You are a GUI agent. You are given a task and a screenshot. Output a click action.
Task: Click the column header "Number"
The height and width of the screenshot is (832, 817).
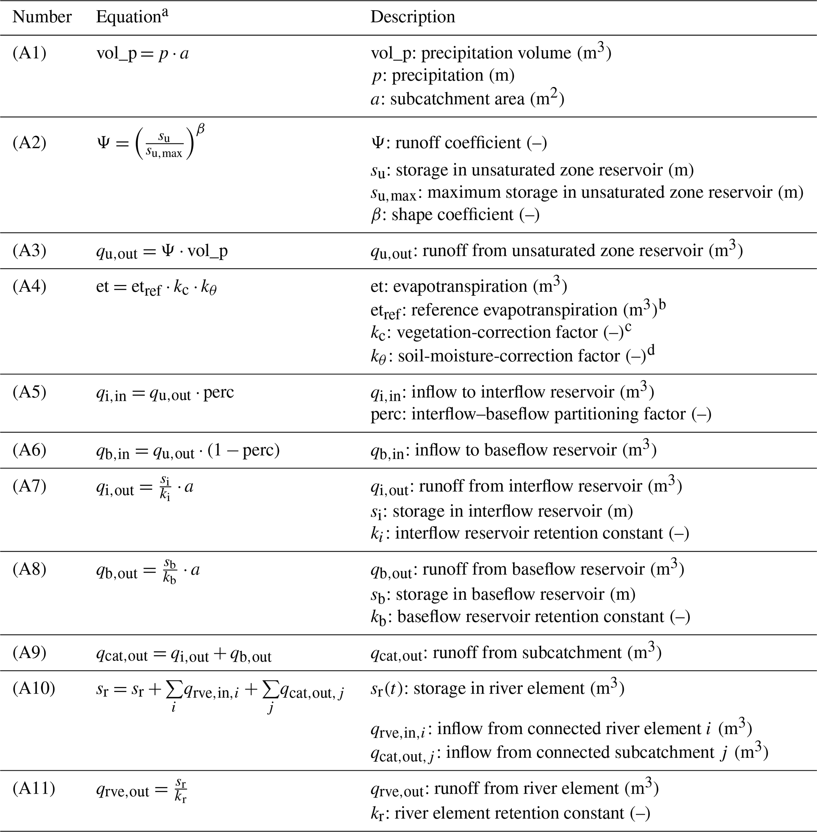click(x=42, y=17)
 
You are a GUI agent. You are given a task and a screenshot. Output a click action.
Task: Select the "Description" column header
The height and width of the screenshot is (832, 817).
click(x=412, y=17)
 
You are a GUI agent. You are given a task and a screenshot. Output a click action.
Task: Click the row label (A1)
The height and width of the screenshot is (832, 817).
click(x=29, y=53)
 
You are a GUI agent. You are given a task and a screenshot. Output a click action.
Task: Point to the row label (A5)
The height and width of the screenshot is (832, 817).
click(x=29, y=392)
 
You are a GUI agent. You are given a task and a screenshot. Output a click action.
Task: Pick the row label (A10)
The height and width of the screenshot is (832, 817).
click(x=34, y=688)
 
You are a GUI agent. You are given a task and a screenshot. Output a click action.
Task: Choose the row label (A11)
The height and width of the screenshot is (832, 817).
click(x=34, y=788)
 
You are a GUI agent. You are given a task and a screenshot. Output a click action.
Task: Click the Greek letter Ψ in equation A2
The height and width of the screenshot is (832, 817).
click(x=104, y=143)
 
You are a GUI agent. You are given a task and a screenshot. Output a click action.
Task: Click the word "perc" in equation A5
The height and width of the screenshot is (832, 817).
click(x=219, y=392)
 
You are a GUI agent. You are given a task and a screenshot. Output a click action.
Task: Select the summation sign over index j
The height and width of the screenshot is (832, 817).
click(x=270, y=690)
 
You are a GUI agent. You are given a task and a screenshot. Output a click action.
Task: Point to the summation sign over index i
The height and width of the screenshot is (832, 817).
click(x=174, y=690)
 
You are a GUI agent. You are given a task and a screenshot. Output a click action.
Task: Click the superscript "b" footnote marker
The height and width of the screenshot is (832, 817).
click(x=662, y=305)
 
